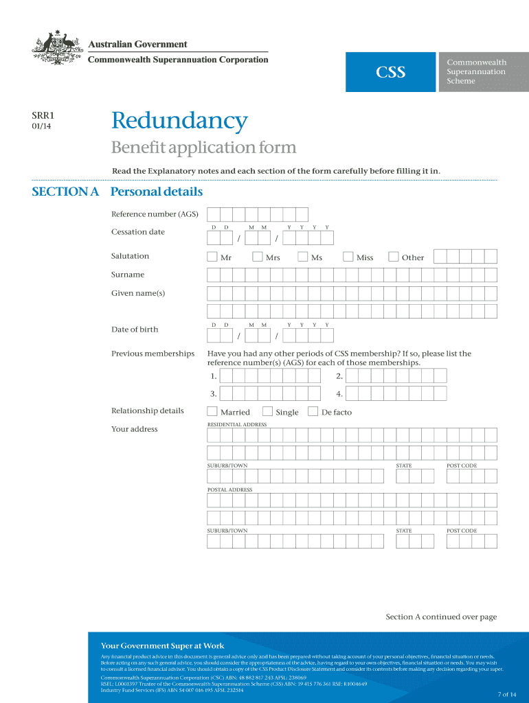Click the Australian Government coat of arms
[x=57, y=49]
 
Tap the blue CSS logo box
[x=390, y=71]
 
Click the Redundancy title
[x=179, y=122]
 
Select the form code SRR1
[x=43, y=116]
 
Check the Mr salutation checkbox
[x=212, y=257]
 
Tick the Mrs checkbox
[x=258, y=257]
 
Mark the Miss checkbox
[x=348, y=257]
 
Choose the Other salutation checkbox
[x=394, y=257]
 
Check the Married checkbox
[x=212, y=412]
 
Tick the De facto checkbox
[x=313, y=412]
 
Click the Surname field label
[x=128, y=275]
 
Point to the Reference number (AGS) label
[x=155, y=214]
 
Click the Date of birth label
[x=135, y=330]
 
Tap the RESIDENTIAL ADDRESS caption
[x=237, y=425]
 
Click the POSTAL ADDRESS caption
[x=230, y=490]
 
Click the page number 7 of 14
[x=506, y=694]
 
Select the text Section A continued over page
[x=441, y=617]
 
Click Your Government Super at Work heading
[x=163, y=645]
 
